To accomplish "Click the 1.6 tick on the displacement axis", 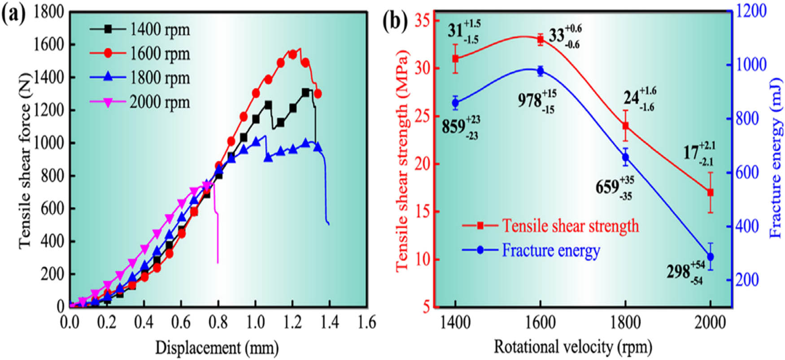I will point(366,322).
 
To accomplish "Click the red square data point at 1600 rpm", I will point(540,39).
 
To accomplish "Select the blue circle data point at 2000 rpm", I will point(710,257).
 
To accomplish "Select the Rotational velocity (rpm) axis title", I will point(572,347).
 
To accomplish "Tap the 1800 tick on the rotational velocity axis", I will point(625,322).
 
